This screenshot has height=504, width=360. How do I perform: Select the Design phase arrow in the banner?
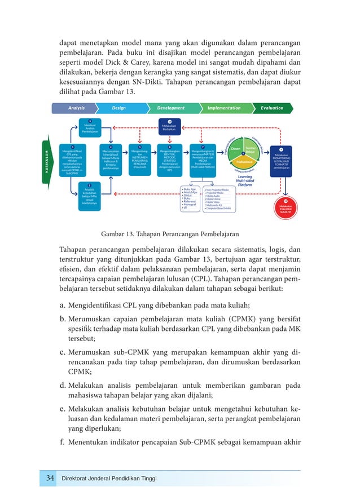pyautogui.click(x=120, y=108)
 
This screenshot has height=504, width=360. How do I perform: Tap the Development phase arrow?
pyautogui.click(x=172, y=108)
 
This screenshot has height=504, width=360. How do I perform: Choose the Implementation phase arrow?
pyautogui.click(x=225, y=108)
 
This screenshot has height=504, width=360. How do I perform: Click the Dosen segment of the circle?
pyautogui.click(x=236, y=149)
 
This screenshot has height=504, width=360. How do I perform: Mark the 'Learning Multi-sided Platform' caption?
pyautogui.click(x=244, y=180)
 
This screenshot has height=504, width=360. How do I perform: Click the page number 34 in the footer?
pyautogui.click(x=50, y=479)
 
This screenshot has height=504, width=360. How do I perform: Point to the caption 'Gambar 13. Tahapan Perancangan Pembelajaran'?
pyautogui.click(x=169, y=233)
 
